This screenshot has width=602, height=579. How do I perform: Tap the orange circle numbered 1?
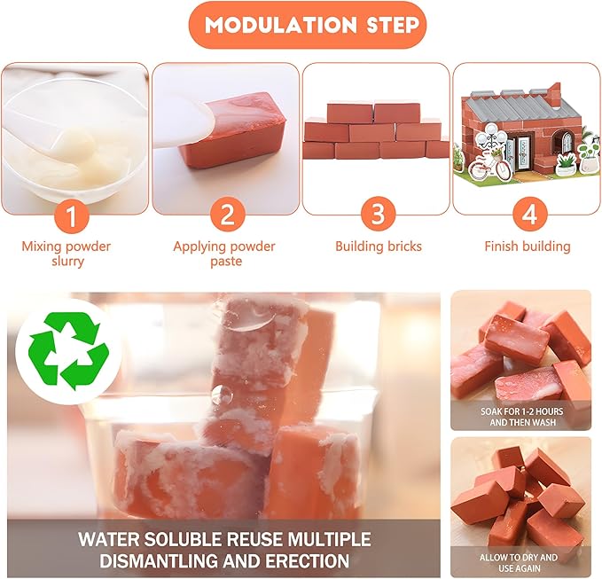(x=74, y=214)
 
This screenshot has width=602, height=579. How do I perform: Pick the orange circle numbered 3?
(x=378, y=214)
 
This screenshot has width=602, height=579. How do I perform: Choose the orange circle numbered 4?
(x=528, y=214)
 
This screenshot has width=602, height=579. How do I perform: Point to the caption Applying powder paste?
(x=224, y=254)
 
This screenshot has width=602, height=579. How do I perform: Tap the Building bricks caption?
(x=378, y=246)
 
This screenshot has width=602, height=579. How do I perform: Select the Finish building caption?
(x=528, y=246)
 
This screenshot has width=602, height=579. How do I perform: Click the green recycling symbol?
(x=69, y=356)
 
